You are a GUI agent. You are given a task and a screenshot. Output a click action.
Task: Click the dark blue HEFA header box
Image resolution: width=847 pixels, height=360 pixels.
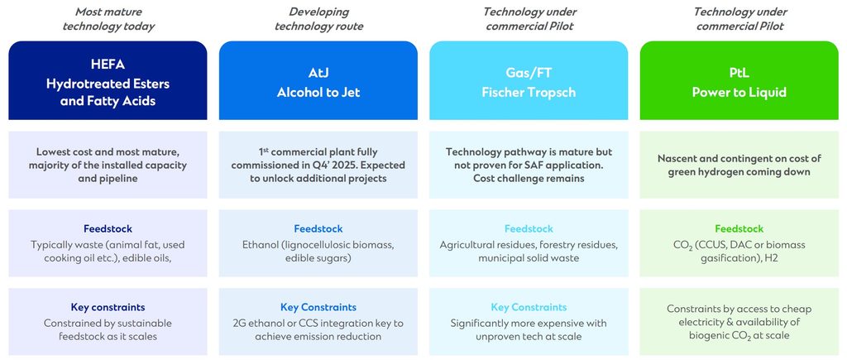pyautogui.click(x=108, y=80)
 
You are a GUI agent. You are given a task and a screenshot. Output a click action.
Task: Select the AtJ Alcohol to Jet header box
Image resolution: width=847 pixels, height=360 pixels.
pyautogui.click(x=318, y=80)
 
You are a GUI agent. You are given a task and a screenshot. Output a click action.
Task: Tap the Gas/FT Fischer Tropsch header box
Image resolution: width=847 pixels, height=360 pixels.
pyautogui.click(x=529, y=80)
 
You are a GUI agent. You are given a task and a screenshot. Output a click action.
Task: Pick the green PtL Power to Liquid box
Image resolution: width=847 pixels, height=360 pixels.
pyautogui.click(x=739, y=80)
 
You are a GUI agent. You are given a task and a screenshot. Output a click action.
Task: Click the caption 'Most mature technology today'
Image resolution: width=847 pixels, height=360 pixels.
pyautogui.click(x=108, y=19)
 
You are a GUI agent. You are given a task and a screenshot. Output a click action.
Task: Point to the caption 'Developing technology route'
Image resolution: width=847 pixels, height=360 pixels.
pyautogui.click(x=318, y=19)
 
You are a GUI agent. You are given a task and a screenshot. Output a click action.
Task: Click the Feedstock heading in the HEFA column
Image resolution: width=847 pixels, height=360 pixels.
pyautogui.click(x=108, y=229)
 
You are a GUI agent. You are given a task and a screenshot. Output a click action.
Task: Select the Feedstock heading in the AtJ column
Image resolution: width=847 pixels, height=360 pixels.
pyautogui.click(x=318, y=229)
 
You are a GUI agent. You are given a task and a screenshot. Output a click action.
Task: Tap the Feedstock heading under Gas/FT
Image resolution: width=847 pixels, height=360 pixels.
pyautogui.click(x=529, y=229)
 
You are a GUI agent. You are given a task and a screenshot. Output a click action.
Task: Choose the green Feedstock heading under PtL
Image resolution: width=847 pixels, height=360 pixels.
pyautogui.click(x=739, y=229)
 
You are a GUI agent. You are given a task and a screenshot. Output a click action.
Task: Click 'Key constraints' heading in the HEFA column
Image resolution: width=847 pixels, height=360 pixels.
pyautogui.click(x=108, y=307)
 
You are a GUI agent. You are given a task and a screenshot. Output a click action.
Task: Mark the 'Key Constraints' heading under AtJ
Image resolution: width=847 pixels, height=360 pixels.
pyautogui.click(x=318, y=307)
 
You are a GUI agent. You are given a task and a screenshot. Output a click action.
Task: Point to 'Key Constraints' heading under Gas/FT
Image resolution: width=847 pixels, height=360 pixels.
pyautogui.click(x=529, y=307)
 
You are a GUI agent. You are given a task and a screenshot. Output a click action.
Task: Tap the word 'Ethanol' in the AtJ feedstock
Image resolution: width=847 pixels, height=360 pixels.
pyautogui.click(x=262, y=245)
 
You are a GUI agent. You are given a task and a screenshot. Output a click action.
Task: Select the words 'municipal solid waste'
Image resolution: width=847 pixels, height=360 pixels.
pyautogui.click(x=529, y=259)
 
